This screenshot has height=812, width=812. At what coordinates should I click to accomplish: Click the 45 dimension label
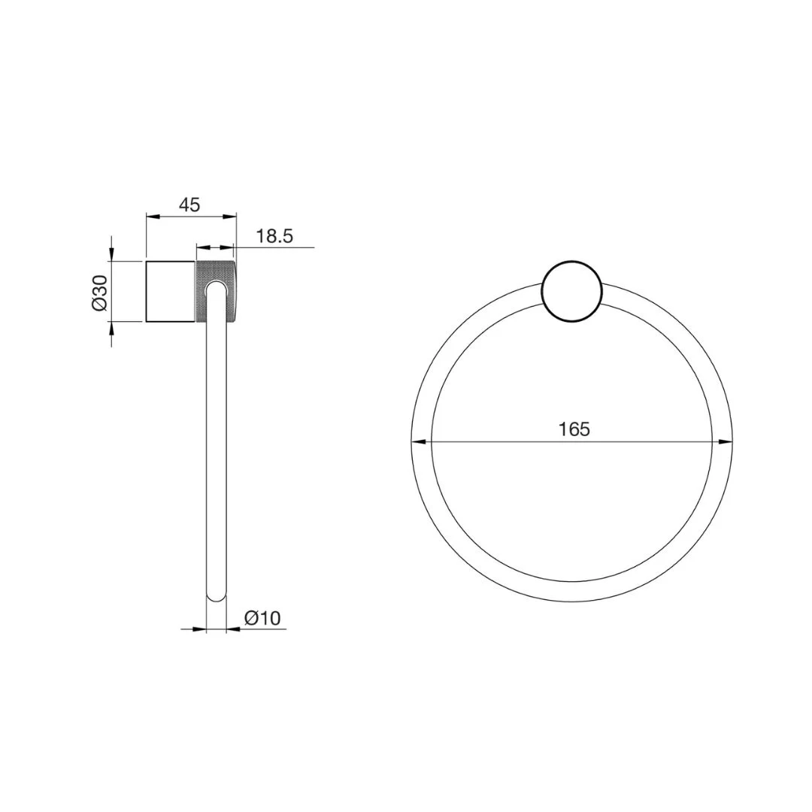[x=189, y=205]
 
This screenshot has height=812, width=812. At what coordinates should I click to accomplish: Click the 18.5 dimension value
[x=274, y=236]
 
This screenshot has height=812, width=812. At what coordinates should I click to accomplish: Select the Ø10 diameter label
[x=262, y=618]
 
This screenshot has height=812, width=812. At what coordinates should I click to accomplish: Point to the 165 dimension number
[x=574, y=429]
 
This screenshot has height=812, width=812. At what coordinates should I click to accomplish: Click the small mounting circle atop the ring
[x=571, y=292]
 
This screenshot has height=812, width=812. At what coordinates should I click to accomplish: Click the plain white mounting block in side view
[x=171, y=292]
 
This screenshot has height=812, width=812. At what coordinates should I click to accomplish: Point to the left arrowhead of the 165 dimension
[x=419, y=442]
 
